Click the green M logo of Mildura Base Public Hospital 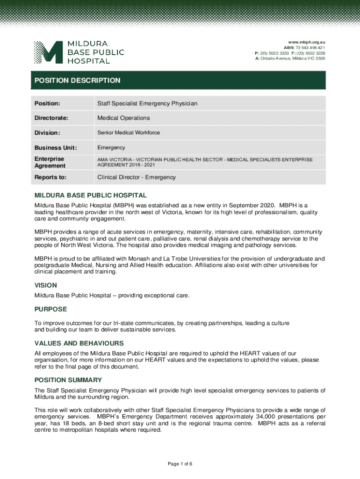(x=48, y=52)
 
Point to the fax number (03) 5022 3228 (x=313, y=53)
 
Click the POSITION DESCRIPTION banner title (x=78, y=80)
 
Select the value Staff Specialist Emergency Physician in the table (x=147, y=103)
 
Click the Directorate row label (x=51, y=118)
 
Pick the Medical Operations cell (x=123, y=118)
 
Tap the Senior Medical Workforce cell (x=129, y=133)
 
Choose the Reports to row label (x=50, y=177)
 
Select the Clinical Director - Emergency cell (x=137, y=177)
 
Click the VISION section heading (x=46, y=285)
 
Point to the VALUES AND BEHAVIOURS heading (x=79, y=343)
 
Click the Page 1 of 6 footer (x=180, y=464)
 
